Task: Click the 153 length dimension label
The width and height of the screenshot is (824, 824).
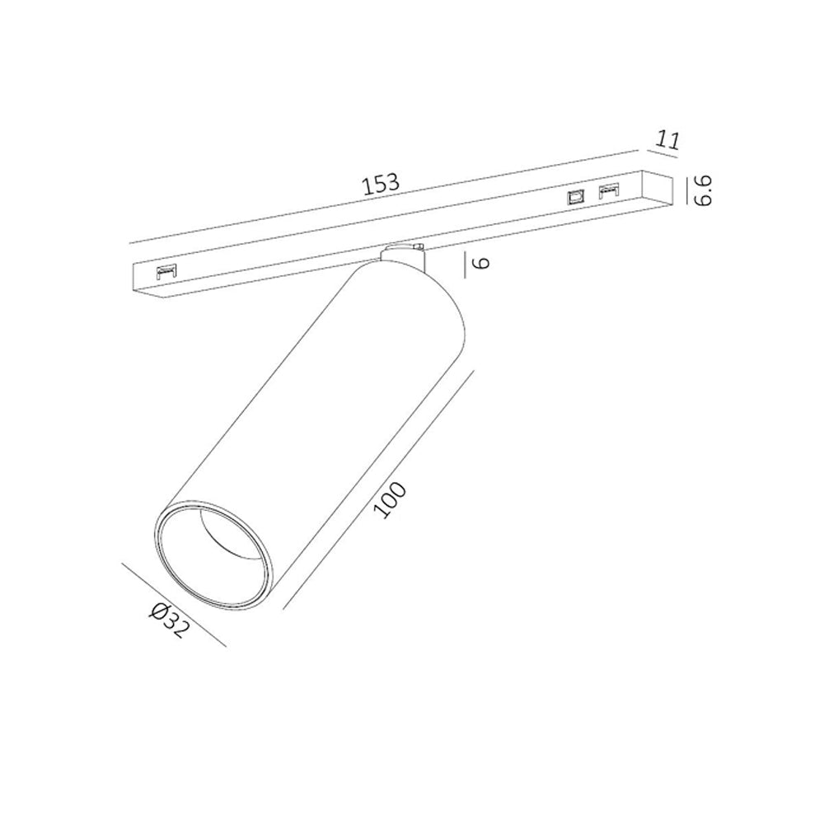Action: (x=382, y=184)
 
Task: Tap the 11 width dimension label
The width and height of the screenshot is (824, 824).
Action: (x=667, y=140)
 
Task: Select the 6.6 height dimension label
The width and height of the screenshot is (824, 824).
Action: (x=703, y=191)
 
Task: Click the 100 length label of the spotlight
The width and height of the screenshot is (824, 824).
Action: (x=390, y=500)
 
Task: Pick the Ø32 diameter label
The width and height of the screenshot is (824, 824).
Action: (x=167, y=620)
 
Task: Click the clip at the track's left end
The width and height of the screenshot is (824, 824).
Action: (x=166, y=272)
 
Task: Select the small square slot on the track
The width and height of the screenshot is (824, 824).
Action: (x=575, y=197)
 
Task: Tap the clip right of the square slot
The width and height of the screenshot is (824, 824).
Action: (x=609, y=190)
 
